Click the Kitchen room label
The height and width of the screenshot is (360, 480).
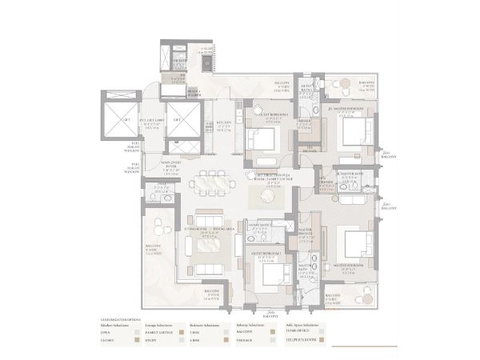click(224, 126)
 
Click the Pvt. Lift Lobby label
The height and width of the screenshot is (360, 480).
click(153, 123)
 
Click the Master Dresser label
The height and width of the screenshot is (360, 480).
click(306, 234)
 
